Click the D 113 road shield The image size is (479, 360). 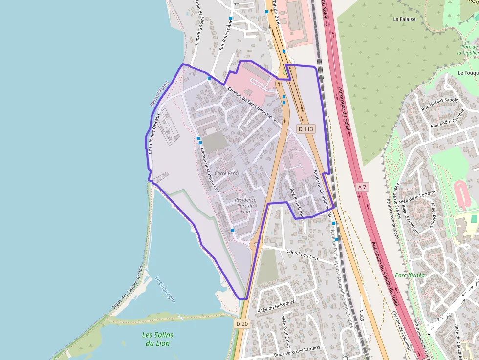point(305,129)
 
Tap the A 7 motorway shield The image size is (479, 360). point(362,187)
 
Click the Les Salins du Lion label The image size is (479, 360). point(157,339)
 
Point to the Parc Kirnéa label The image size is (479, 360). point(410,275)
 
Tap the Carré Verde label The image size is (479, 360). point(227,173)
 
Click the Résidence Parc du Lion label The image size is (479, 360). point(245,205)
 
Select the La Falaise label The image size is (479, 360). point(404,19)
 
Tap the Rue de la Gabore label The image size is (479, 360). point(297,205)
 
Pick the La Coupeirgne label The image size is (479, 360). point(165,290)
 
